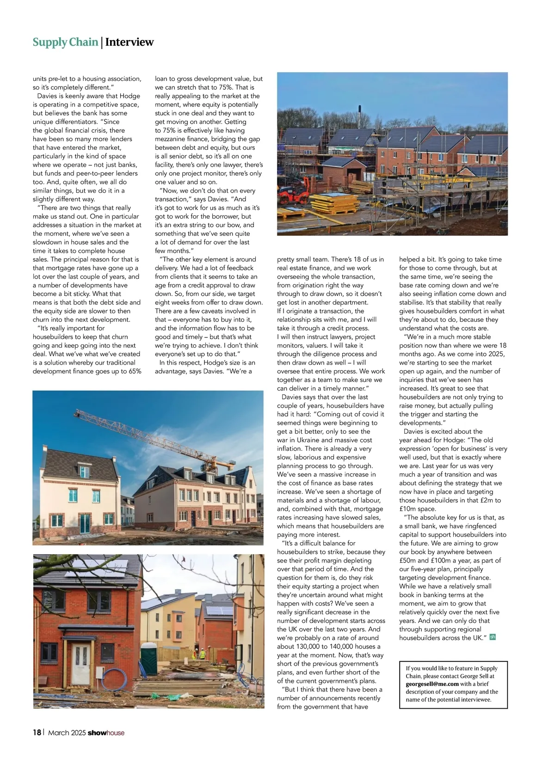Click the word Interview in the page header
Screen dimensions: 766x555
tap(129, 42)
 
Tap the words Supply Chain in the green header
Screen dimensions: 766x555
tap(65, 42)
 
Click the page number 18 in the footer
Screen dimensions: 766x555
tap(37, 732)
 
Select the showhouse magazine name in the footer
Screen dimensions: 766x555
tap(106, 732)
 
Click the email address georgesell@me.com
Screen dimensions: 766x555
tap(432, 684)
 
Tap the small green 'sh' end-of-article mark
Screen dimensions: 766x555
tap(493, 637)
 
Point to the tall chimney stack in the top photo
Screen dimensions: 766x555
tap(359, 116)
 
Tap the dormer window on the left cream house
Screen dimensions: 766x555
tap(84, 472)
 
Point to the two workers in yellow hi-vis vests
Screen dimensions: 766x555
tap(198, 654)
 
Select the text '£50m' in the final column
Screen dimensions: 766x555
tap(408, 560)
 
